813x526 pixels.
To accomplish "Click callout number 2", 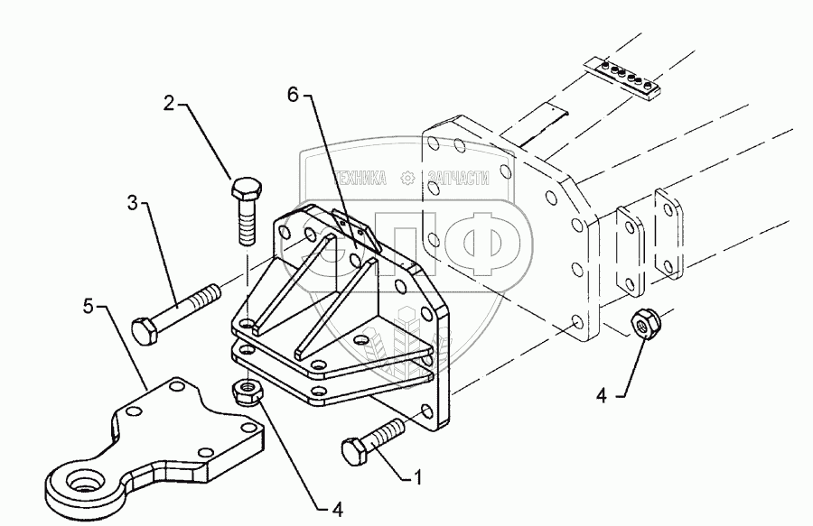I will pyautogui.click(x=169, y=104).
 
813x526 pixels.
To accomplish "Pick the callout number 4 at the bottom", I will pyautogui.click(x=337, y=510).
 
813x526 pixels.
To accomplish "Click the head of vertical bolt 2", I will pyautogui.click(x=246, y=192).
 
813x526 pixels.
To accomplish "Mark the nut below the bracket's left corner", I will pyautogui.click(x=246, y=391).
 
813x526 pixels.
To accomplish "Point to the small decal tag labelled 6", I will pyautogui.click(x=354, y=229).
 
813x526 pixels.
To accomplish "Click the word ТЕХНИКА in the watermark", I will pyautogui.click(x=361, y=179).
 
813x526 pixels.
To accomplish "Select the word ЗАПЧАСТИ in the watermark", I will pyautogui.click(x=456, y=179).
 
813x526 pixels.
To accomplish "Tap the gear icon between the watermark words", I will pyautogui.click(x=408, y=179).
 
